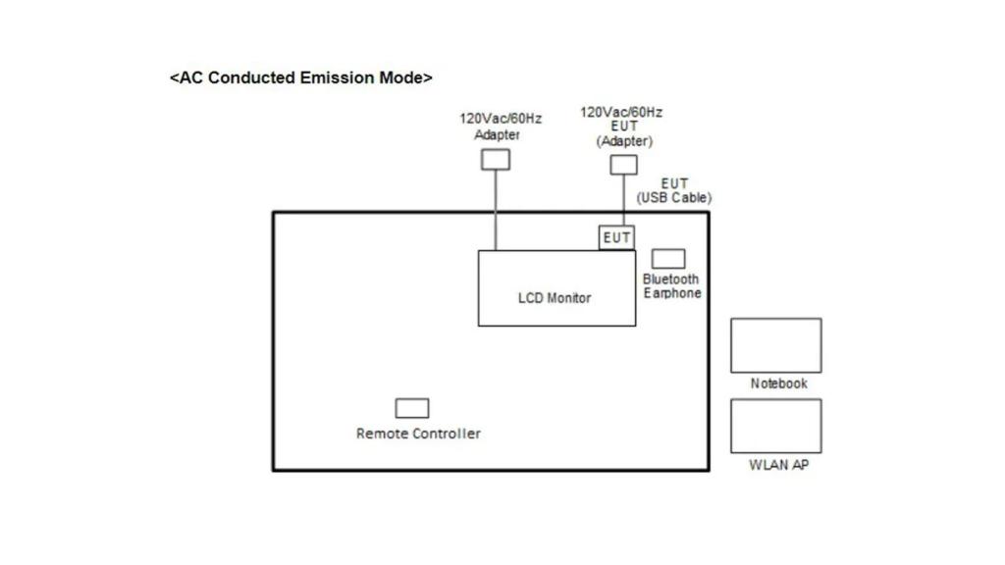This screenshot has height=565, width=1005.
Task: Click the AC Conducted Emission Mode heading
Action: [300, 77]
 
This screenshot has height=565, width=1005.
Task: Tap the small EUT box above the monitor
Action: [616, 237]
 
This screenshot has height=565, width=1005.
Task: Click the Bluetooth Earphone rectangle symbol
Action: [668, 259]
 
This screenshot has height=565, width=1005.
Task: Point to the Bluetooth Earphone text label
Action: [672, 286]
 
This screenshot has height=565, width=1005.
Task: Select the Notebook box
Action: [775, 345]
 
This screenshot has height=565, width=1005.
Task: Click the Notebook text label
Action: [778, 384]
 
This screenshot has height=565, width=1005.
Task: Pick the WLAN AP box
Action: [775, 426]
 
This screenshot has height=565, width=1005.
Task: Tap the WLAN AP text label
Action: [778, 465]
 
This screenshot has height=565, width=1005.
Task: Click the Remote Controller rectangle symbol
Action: [412, 408]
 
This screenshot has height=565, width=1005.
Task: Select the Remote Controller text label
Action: [418, 434]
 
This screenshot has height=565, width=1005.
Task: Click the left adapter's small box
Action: [496, 159]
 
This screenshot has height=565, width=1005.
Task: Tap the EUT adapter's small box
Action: [623, 165]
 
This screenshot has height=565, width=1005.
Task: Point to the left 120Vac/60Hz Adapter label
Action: [500, 127]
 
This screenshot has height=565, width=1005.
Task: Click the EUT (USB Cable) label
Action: [674, 190]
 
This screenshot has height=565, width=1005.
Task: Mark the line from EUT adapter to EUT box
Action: [623, 201]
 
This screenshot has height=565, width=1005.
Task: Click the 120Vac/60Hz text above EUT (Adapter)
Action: [621, 113]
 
